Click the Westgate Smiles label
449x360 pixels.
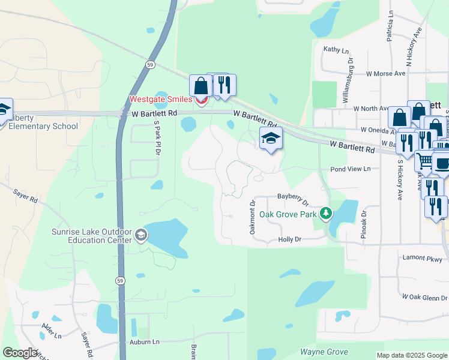tap(161, 100)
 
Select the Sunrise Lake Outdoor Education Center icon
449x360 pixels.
tap(141, 235)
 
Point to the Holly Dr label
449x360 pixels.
tap(289, 239)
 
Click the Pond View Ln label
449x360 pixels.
tap(351, 170)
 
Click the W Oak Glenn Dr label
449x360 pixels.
tap(424, 297)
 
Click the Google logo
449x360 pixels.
tap(20, 352)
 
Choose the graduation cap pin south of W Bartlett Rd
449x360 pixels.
tap(271, 139)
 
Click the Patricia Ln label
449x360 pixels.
tap(390, 25)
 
